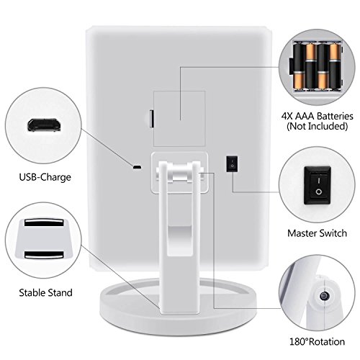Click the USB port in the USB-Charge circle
(x=44, y=125)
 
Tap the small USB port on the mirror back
(x=137, y=167)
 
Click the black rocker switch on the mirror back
(x=232, y=163)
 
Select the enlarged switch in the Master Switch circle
(x=318, y=186)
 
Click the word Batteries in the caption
(x=336, y=116)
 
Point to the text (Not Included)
(x=318, y=126)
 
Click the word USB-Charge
(x=45, y=177)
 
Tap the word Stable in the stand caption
(x=32, y=292)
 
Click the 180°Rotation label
(x=317, y=341)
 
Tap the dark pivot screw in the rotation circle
(x=325, y=295)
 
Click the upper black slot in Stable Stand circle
(x=44, y=222)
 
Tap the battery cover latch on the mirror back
(x=152, y=119)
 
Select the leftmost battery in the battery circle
(x=300, y=66)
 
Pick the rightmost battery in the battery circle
(x=335, y=66)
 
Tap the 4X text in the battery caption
(x=287, y=116)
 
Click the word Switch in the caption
(x=334, y=233)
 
